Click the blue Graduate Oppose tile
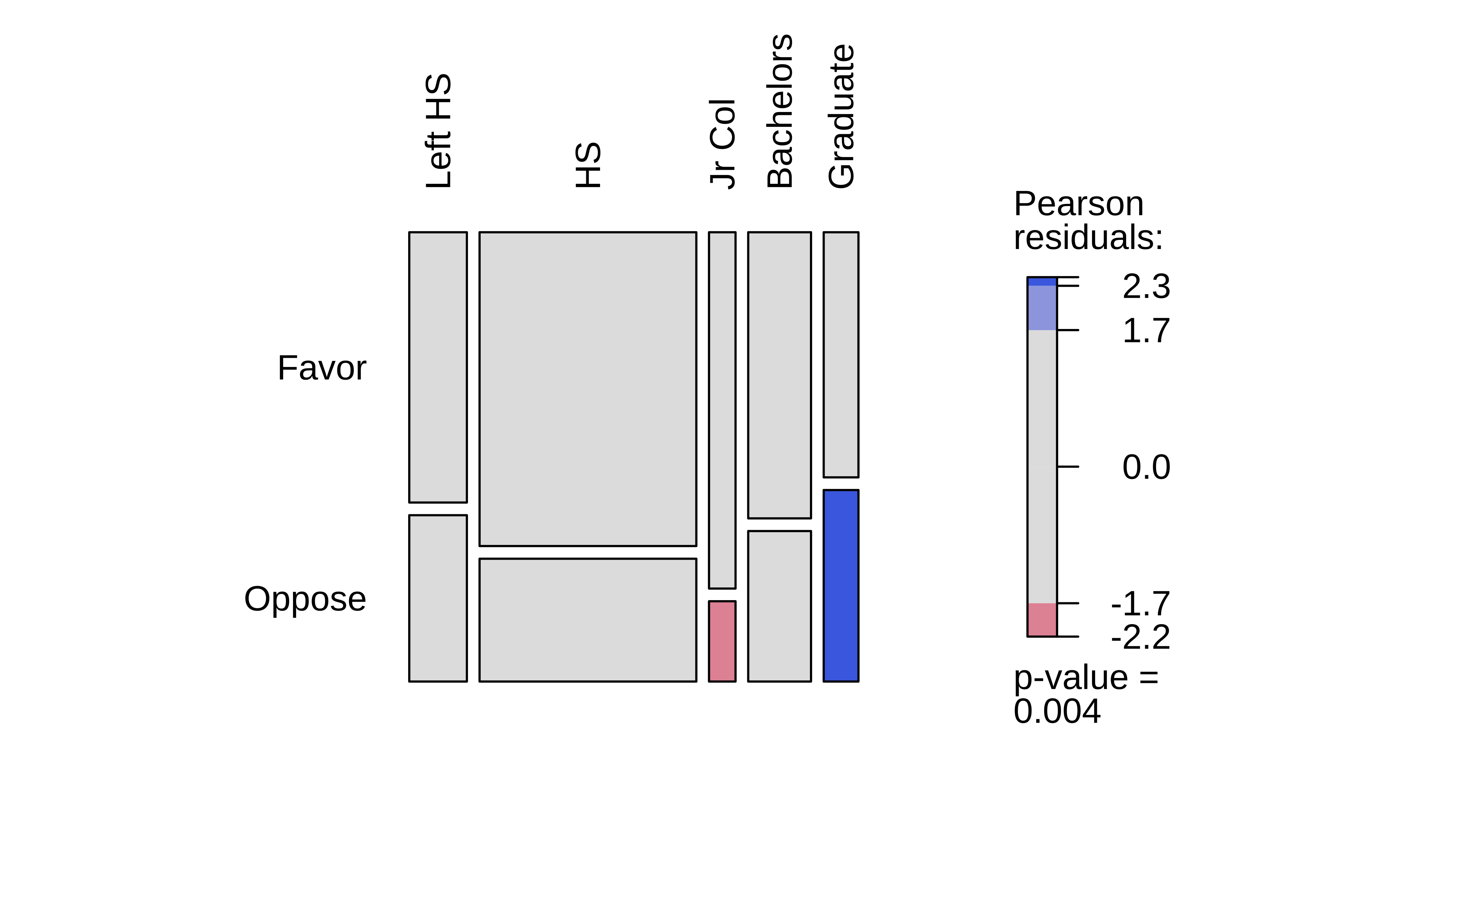click(x=841, y=586)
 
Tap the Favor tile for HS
click(x=587, y=389)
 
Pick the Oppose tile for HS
click(x=587, y=620)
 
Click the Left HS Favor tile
click(x=438, y=367)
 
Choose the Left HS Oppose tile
click(x=438, y=598)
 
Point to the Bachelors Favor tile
click(x=779, y=375)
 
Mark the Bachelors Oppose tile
click(x=779, y=606)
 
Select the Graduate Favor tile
click(x=841, y=354)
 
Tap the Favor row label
click(x=322, y=368)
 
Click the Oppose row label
click(x=305, y=599)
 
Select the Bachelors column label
click(x=780, y=112)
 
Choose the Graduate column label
click(x=841, y=117)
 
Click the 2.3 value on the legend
click(x=1146, y=287)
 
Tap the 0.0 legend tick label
click(x=1146, y=467)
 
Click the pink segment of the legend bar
click(x=1042, y=620)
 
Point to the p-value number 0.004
click(x=1057, y=711)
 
